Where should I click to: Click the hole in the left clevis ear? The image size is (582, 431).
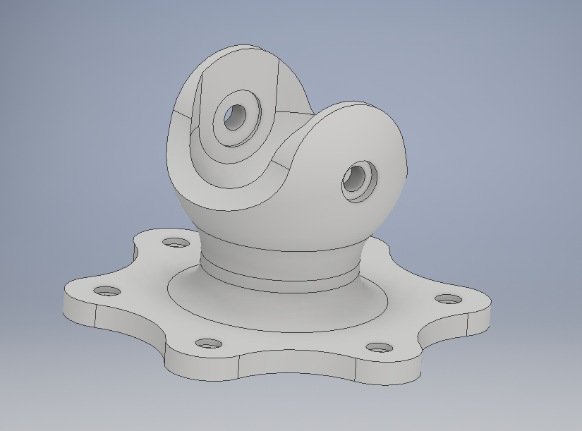234,117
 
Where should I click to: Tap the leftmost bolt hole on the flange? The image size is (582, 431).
107,291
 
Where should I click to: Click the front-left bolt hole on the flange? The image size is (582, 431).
207,344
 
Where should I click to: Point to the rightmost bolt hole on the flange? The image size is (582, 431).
447,299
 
